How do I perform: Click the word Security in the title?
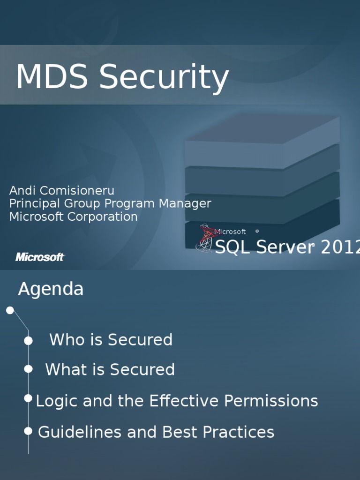coord(164,78)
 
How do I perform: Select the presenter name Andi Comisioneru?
coord(61,191)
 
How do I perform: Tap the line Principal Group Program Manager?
coord(110,204)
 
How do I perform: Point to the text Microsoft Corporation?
coord(73,217)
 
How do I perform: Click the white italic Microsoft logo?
coord(40,257)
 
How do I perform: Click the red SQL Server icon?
coord(206,238)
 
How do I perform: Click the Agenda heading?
coord(51,289)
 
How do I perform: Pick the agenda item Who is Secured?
coord(111,340)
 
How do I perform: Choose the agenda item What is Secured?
coord(110,370)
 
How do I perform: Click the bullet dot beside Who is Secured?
coord(28,341)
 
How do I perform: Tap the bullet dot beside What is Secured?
coord(28,369)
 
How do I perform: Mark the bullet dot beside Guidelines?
coord(28,431)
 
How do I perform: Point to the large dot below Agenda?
coord(10,310)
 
